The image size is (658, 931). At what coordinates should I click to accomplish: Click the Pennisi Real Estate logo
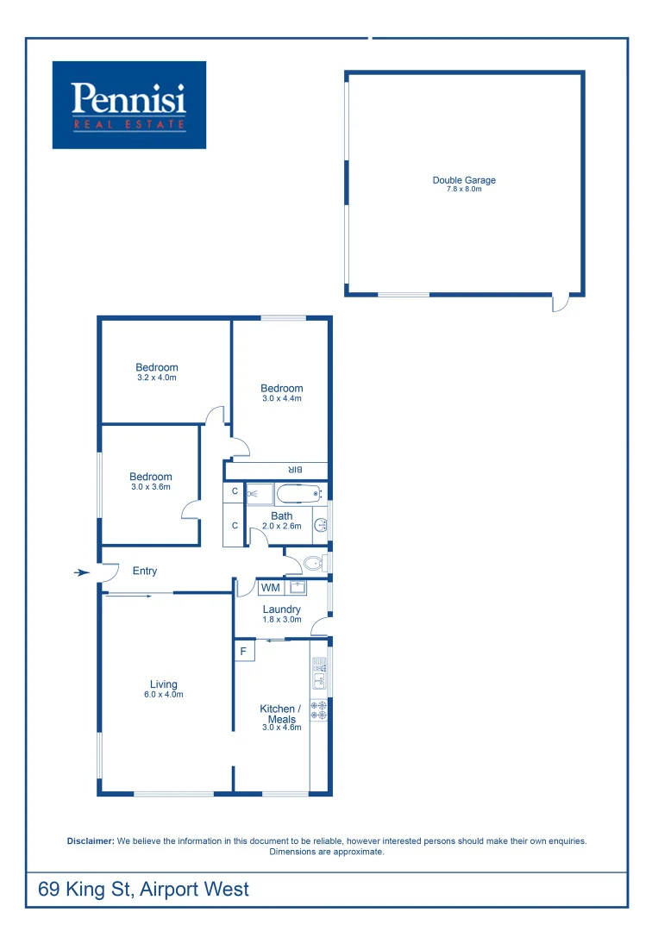coord(129,104)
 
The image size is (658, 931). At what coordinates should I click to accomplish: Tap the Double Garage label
coord(464,180)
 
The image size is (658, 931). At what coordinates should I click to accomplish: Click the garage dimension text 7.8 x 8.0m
coord(464,189)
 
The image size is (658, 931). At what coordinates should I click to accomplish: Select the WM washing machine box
coord(271,588)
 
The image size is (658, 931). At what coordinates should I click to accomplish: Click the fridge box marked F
coord(244,651)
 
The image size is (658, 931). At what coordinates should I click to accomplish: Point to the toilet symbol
coord(313,565)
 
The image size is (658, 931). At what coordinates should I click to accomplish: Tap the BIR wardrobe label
coord(294,470)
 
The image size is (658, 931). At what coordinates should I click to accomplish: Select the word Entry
coord(145,571)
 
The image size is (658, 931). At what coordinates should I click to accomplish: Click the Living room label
coord(163,685)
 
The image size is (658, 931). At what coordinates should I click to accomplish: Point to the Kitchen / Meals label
coord(281,714)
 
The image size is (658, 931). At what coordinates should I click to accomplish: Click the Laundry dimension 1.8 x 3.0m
coord(282,619)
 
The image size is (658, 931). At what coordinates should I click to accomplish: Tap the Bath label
coord(282,516)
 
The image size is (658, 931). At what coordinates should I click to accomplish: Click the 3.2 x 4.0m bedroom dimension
coord(157,378)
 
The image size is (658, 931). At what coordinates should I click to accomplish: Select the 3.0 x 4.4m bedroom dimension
coord(282,398)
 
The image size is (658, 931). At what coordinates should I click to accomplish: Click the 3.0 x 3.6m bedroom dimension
coord(151,487)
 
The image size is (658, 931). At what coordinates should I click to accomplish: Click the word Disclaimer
coord(91,840)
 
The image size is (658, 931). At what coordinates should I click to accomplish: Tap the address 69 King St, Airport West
coord(144,889)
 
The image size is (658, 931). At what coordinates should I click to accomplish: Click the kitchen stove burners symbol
coord(319,709)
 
